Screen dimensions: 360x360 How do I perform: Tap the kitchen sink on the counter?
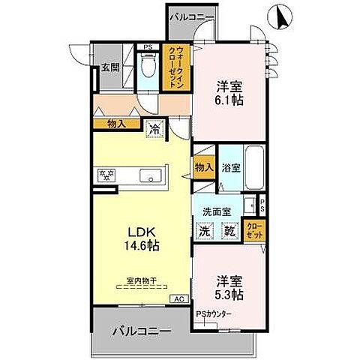point(150,177)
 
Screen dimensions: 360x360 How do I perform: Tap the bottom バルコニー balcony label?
point(142,331)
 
